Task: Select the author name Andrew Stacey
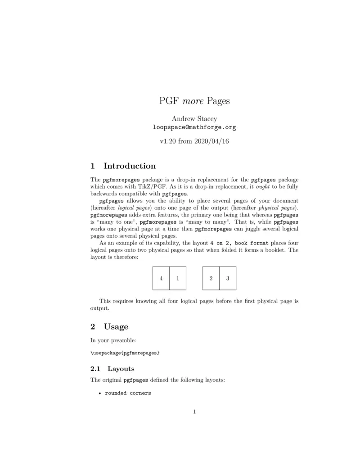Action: (x=194, y=119)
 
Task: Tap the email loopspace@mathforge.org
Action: (x=194, y=127)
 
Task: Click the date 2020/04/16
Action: (x=211, y=141)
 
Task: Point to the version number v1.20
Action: (x=168, y=141)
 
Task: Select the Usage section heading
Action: (x=116, y=326)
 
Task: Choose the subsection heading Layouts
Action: (x=121, y=369)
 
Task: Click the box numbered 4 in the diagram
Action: (x=161, y=278)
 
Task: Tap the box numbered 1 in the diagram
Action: (x=178, y=278)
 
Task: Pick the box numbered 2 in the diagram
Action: (x=211, y=278)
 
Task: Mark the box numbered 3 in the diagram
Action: (x=228, y=278)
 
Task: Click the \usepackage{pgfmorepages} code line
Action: (x=125, y=353)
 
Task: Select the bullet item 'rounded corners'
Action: (x=128, y=393)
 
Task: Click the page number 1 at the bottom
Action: (x=194, y=411)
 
